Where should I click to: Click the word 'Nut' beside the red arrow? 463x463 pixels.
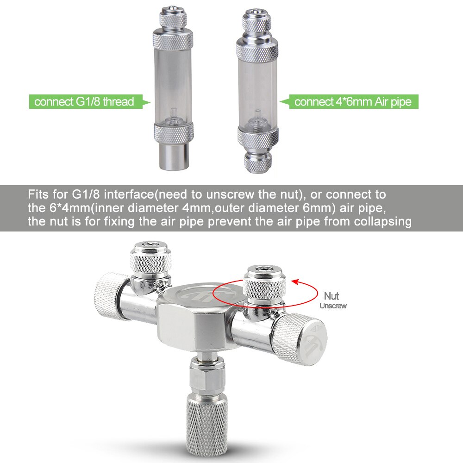click(332, 296)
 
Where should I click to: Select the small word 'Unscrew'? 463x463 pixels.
click(333, 306)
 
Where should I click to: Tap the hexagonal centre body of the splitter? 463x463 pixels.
click(197, 324)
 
